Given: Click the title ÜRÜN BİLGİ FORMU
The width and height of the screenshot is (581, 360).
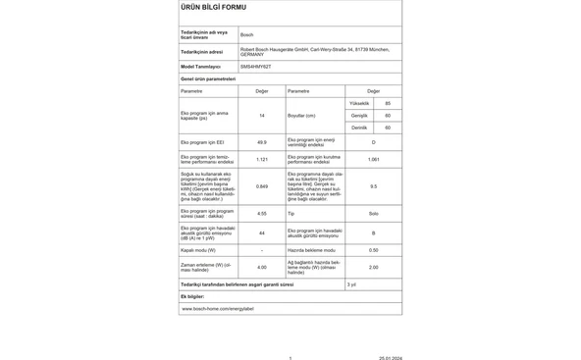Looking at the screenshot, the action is point(208,7).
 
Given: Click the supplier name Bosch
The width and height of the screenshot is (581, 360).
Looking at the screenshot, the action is point(246,33).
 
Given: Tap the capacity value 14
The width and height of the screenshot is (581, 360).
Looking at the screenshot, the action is point(262,116).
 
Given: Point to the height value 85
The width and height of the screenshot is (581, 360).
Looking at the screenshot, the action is point(388,103).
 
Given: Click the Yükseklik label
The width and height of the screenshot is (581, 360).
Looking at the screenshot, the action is point(360,103).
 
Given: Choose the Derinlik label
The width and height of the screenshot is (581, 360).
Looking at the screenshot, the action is point(360,128).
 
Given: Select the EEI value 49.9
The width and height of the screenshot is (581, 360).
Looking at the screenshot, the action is point(262,142).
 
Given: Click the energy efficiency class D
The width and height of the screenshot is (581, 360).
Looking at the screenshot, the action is point(373,142).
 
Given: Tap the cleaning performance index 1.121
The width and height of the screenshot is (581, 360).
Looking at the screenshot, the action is point(262,159).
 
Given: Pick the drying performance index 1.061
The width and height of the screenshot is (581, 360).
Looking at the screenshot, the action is point(373,159).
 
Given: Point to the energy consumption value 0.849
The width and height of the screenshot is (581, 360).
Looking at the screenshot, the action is point(262,186).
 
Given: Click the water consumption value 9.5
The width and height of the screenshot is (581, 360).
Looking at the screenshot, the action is point(373,186).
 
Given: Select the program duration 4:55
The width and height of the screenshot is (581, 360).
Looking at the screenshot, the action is point(262,213).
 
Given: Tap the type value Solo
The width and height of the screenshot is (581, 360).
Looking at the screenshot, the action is point(373,213).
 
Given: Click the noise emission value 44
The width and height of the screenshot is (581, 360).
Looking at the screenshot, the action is point(262,232).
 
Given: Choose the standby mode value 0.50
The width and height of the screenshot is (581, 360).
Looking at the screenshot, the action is point(373,250).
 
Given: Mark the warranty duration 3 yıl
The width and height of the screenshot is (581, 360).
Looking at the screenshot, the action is point(353,283).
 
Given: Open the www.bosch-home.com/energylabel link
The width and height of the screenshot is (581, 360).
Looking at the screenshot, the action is point(217,308).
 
